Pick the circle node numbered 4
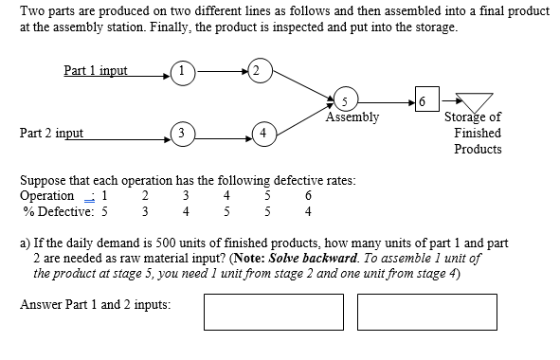(x=262, y=131)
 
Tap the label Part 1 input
(x=96, y=70)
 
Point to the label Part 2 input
(x=51, y=134)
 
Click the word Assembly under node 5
(x=352, y=118)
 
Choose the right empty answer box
(x=427, y=312)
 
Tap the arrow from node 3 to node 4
(x=221, y=131)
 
